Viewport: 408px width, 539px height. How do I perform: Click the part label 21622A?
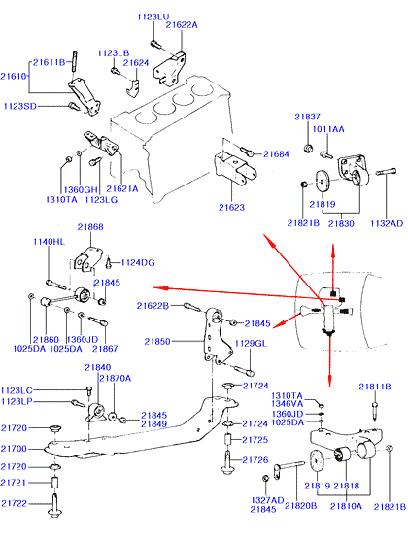coord(182,25)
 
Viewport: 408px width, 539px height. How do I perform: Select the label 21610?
coord(14,76)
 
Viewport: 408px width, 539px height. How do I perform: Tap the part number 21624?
coord(136,63)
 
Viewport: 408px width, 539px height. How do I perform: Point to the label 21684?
coord(276,154)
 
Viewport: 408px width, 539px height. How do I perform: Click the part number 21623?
coord(231,207)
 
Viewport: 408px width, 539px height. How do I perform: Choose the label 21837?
coord(307,117)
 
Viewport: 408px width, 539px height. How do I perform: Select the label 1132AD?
coord(387,223)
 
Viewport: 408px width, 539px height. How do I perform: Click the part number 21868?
coord(90,227)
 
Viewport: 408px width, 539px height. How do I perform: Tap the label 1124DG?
coord(138,262)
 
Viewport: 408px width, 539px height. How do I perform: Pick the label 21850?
coord(157,341)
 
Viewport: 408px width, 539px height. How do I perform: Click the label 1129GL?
coord(251,344)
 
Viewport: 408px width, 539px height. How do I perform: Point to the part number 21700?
coord(14,449)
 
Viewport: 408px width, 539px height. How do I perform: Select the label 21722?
coord(14,503)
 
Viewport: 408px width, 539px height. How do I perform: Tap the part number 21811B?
coord(375,387)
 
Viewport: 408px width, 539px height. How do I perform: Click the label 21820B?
coord(301,506)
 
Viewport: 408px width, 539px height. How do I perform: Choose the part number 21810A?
coord(346,506)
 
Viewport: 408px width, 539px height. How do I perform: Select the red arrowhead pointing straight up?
coord(333,250)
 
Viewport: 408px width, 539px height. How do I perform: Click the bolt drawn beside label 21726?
coord(227,462)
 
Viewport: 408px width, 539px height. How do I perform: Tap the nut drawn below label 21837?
coord(308,149)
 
